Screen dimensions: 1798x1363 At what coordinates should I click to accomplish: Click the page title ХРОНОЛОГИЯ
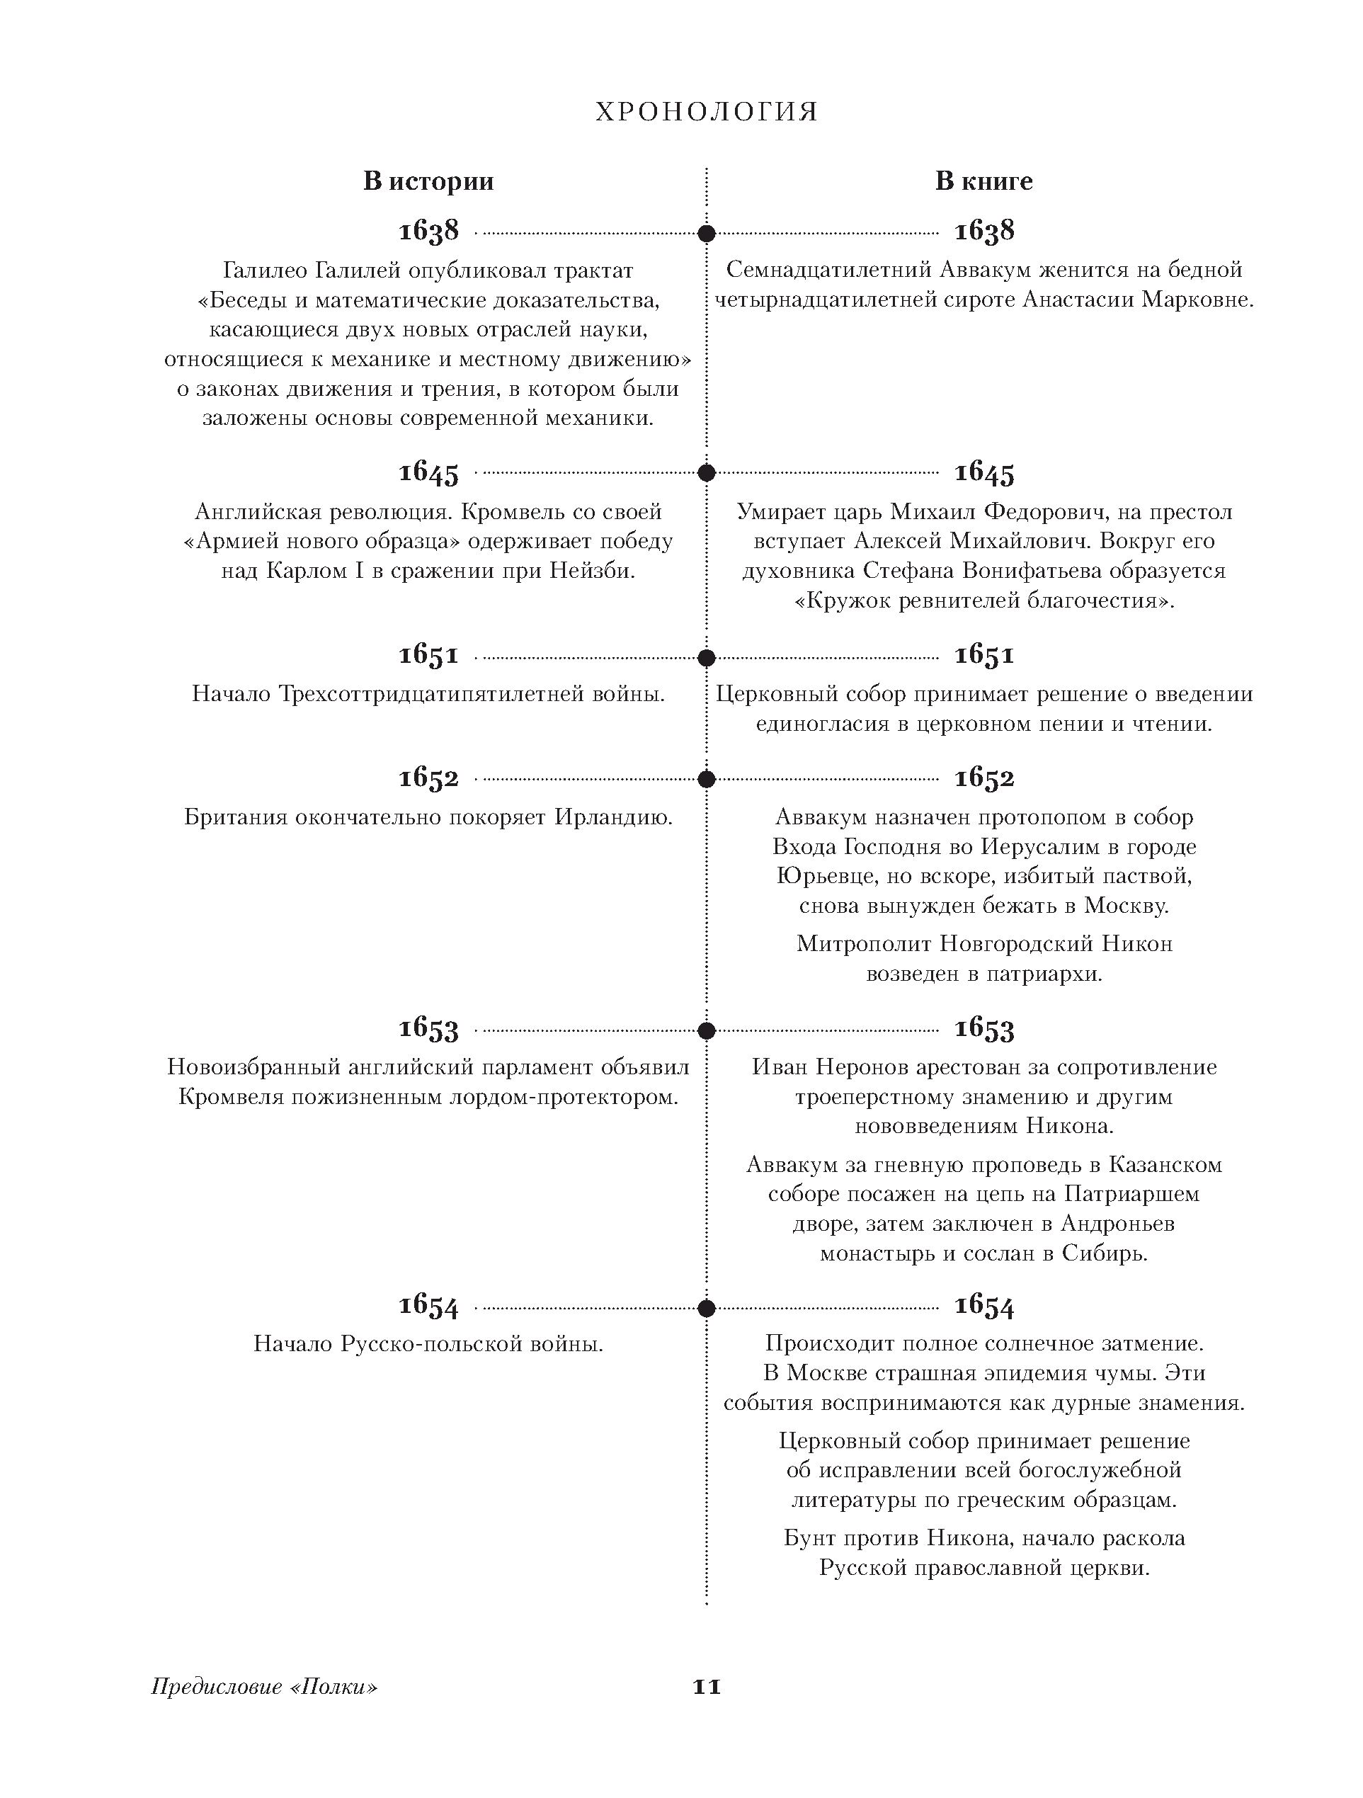tap(707, 112)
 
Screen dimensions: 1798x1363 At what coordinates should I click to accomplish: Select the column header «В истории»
tap(428, 181)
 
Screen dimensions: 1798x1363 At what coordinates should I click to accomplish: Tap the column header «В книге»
tap(983, 181)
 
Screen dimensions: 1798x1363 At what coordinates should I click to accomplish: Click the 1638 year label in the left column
tap(428, 231)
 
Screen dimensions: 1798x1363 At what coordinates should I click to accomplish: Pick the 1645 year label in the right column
tap(984, 472)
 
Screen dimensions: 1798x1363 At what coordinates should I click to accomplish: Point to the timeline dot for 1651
tap(707, 656)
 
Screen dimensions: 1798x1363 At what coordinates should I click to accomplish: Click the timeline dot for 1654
tap(707, 1308)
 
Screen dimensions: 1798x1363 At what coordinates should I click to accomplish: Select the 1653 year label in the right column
tap(984, 1029)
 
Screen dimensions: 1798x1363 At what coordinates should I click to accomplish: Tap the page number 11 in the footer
tap(707, 1687)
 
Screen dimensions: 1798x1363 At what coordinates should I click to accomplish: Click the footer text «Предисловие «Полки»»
tap(264, 1688)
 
